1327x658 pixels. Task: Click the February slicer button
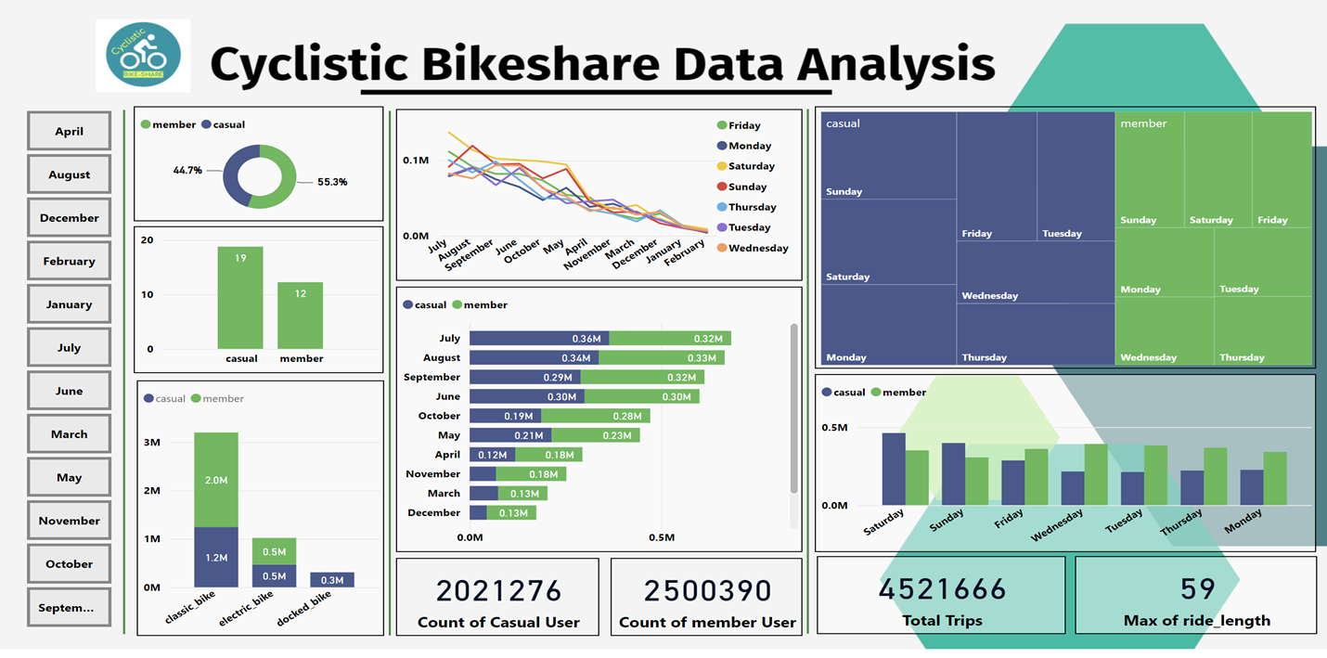point(69,261)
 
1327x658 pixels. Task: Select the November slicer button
point(69,521)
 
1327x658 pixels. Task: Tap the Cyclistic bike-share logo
point(143,56)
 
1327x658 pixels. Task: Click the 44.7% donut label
point(187,171)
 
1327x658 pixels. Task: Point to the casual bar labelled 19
point(240,297)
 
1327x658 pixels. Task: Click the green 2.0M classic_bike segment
point(215,480)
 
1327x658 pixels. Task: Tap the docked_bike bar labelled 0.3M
point(331,580)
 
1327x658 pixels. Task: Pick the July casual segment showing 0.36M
point(538,339)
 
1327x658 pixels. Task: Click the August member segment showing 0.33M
point(661,357)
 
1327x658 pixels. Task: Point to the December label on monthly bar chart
point(433,512)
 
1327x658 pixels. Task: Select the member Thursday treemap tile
point(1263,330)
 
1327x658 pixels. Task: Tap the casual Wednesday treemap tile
point(1036,272)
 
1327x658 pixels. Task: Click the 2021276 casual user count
point(499,591)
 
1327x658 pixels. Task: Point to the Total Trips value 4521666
point(942,589)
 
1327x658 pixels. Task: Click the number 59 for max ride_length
point(1197,589)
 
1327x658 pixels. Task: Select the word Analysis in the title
point(895,65)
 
